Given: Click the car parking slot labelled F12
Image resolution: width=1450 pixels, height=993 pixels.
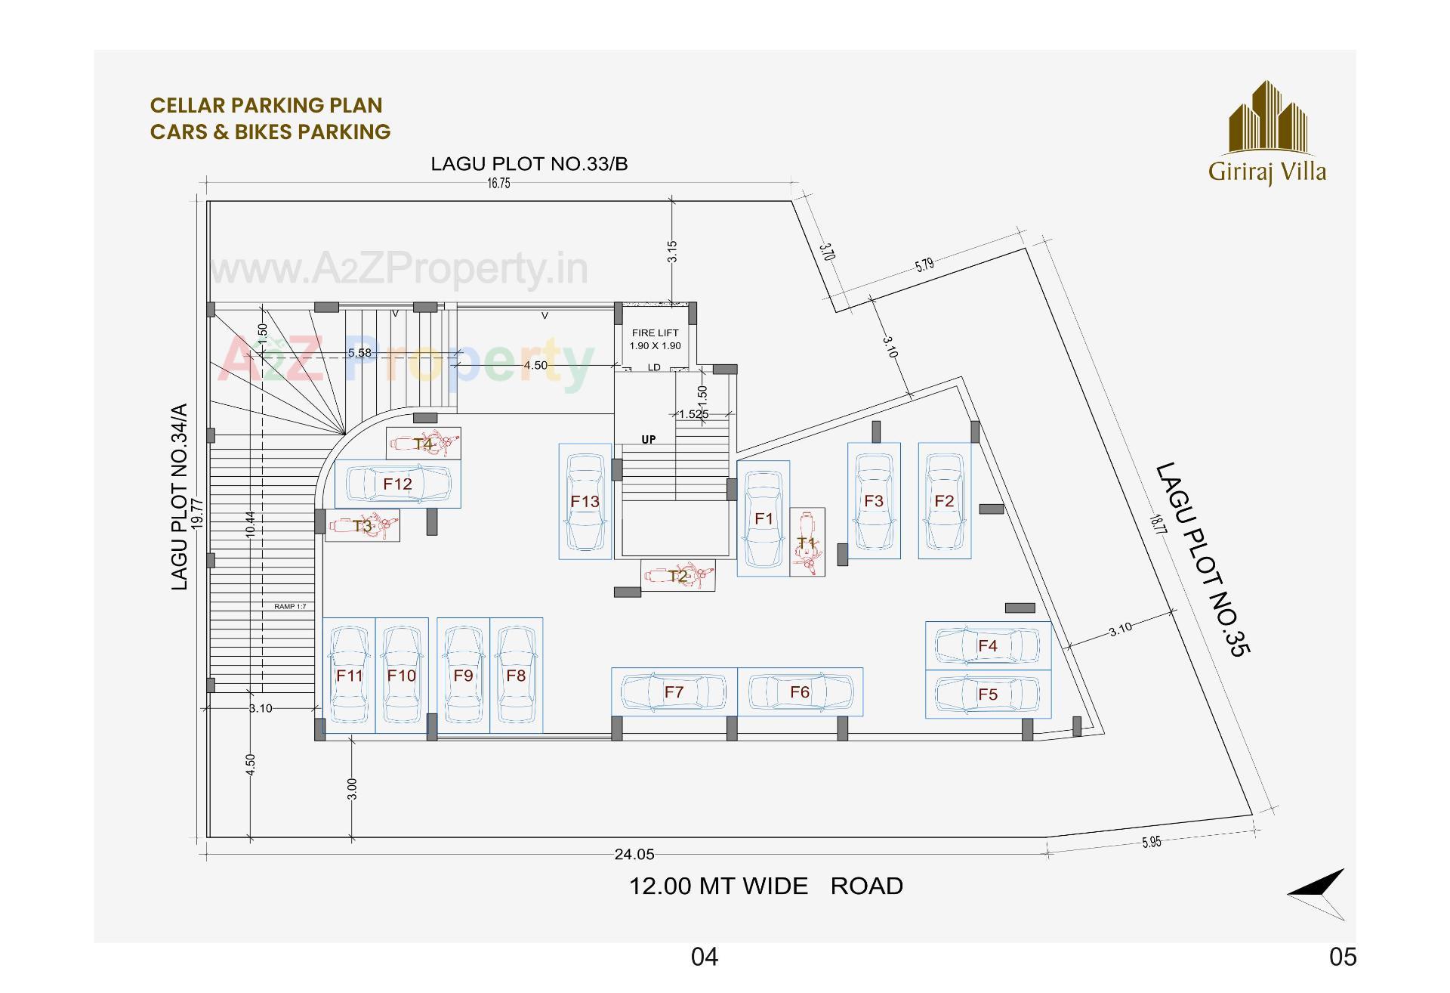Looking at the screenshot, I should (x=398, y=484).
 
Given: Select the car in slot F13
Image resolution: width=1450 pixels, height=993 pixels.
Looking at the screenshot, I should (x=585, y=501).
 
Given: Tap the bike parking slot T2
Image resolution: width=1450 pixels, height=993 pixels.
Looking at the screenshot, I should (x=678, y=576).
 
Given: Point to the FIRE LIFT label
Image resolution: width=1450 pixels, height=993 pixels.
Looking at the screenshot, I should (x=655, y=333).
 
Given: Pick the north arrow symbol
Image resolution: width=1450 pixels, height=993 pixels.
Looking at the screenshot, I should (x=1319, y=893).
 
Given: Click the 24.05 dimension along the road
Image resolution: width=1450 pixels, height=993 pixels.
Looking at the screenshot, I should (x=634, y=855).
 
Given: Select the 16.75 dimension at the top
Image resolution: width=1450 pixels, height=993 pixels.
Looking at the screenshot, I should (x=498, y=184).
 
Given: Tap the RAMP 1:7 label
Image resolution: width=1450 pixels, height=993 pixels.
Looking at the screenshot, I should (x=290, y=607).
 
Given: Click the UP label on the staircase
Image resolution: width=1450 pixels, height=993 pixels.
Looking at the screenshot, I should (x=649, y=440).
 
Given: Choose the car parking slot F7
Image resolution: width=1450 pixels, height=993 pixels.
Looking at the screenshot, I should (x=674, y=691).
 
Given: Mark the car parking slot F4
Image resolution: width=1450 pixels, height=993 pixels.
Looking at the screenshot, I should (x=988, y=645).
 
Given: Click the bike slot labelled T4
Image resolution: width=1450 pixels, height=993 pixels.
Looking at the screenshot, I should (x=424, y=444).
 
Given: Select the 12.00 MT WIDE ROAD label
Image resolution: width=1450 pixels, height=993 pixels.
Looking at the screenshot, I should (x=766, y=886).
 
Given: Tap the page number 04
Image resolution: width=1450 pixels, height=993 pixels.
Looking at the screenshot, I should (x=705, y=957).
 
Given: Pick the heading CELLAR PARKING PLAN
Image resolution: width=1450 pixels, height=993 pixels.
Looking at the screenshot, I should (x=267, y=105).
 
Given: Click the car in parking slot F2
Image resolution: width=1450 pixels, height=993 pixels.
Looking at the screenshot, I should (x=944, y=501).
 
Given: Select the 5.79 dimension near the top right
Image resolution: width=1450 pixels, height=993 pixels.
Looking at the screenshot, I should (x=924, y=264).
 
